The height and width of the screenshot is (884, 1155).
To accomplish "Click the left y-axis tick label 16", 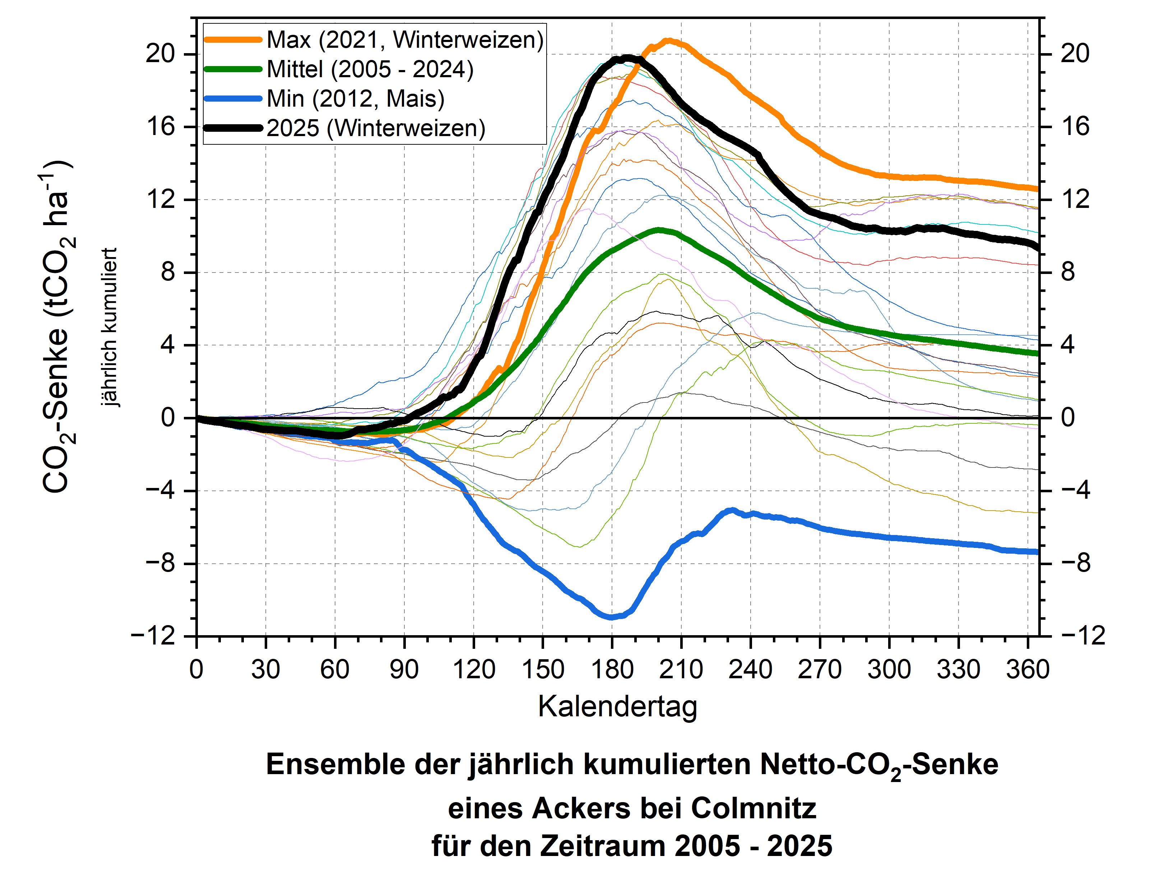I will (161, 127).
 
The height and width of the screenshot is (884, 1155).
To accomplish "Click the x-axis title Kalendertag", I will (617, 707).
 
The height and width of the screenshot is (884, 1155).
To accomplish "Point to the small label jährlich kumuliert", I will (109, 327).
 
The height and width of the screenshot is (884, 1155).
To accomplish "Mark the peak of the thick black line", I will (626, 58).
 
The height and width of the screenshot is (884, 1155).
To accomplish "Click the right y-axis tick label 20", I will (1075, 53).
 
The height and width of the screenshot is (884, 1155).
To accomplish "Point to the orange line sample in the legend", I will (233, 40).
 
